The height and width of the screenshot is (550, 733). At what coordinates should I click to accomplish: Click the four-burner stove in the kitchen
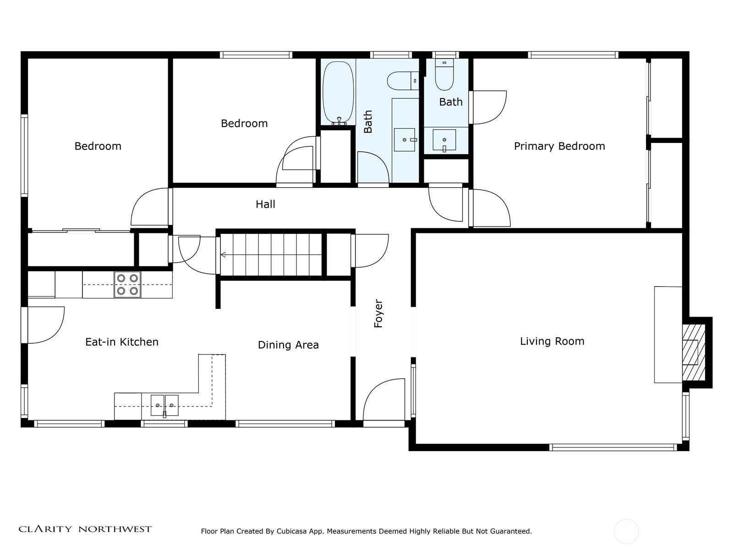[x=127, y=284]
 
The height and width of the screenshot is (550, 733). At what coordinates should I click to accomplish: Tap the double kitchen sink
[x=164, y=406]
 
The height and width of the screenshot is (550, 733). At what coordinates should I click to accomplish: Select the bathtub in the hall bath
[x=338, y=93]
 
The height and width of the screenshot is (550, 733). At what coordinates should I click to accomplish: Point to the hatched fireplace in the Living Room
[x=693, y=352]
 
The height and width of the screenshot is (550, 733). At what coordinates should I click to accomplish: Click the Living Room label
[x=552, y=341]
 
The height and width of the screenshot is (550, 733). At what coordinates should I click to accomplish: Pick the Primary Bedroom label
[x=559, y=146]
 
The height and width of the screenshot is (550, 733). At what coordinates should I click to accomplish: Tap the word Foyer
[x=378, y=313]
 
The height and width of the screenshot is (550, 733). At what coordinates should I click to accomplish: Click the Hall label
[x=265, y=204]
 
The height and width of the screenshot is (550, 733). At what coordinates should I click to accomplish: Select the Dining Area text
[x=288, y=345]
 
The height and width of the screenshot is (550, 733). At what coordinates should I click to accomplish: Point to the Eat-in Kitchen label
[x=122, y=341]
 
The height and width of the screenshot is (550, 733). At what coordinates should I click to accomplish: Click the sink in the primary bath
[x=444, y=140]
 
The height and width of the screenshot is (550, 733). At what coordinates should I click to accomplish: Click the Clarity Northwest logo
[x=85, y=528]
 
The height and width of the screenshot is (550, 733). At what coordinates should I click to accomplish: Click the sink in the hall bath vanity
[x=405, y=140]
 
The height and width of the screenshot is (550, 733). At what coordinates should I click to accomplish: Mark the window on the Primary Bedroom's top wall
[x=573, y=55]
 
